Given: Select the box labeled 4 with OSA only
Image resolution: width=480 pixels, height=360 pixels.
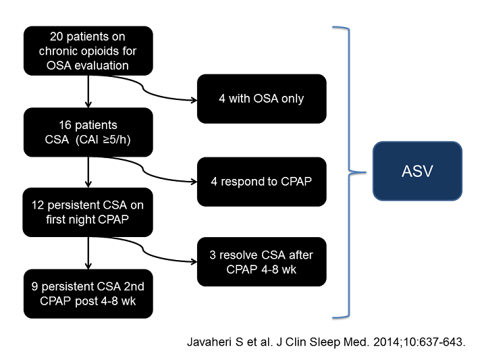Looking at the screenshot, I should (261, 99).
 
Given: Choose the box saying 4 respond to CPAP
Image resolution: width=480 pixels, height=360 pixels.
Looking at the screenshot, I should (261, 182).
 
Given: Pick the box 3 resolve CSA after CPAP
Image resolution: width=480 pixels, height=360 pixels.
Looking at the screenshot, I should (261, 261).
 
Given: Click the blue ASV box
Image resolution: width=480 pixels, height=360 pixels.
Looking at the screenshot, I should (417, 171).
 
